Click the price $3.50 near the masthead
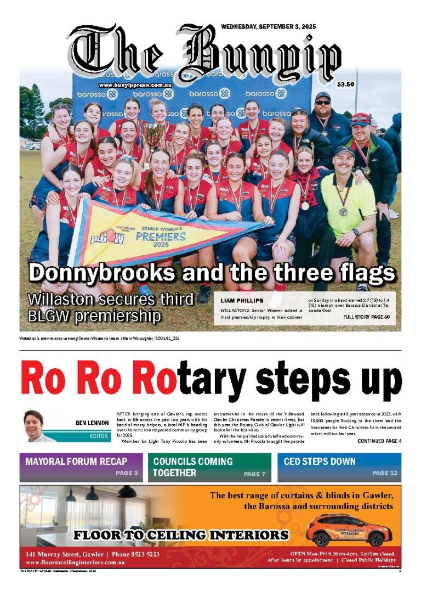point(346,85)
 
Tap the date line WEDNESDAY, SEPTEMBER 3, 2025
point(268,26)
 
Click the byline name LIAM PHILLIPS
point(242,301)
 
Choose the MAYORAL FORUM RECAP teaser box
point(81,467)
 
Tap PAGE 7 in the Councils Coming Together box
point(255,474)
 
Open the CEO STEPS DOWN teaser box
point(339,467)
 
